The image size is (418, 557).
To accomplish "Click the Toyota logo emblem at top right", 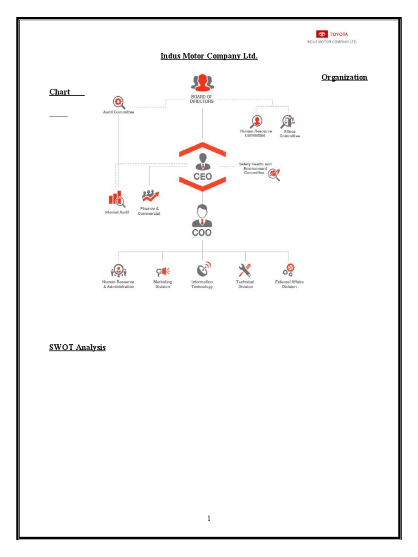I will click(322, 34).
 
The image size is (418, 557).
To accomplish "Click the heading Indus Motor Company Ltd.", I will click(209, 55).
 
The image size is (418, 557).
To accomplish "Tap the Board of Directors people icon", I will click(202, 83).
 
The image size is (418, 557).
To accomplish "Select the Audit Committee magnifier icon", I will click(118, 102).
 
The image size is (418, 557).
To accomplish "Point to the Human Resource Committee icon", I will click(256, 121).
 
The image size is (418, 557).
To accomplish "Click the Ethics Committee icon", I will click(288, 121).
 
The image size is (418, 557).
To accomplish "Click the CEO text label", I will click(202, 177).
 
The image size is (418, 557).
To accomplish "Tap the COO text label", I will click(202, 233).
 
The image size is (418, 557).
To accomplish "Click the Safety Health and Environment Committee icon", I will click(274, 174).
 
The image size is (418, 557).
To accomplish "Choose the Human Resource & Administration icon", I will click(118, 270).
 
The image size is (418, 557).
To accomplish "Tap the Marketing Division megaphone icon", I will click(163, 271).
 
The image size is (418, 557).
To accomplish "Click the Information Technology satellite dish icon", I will click(202, 269).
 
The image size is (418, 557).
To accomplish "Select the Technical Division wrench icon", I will click(245, 270).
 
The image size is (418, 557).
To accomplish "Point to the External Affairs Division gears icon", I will click(288, 270).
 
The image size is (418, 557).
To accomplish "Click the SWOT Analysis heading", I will click(77, 347).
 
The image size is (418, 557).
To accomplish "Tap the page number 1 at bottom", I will click(209, 518).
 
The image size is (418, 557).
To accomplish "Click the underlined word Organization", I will click(344, 77).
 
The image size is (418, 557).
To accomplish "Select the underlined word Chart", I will click(60, 91).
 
